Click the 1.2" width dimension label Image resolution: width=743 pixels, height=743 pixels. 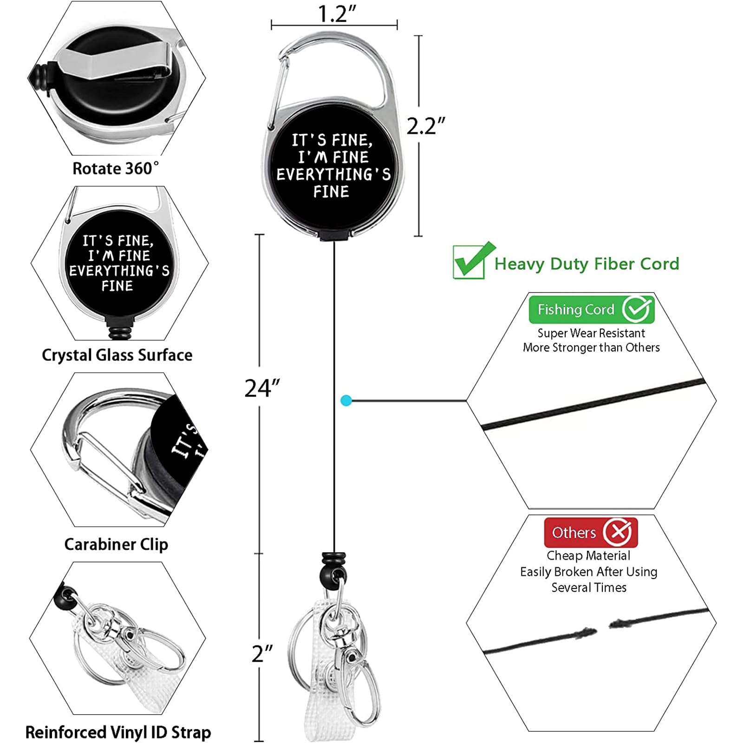point(337,13)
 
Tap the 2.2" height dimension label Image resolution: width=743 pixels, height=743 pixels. point(425,126)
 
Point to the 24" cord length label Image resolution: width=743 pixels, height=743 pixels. point(262,388)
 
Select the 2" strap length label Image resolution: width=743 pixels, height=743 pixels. point(262,654)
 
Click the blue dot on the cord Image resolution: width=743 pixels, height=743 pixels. point(346,400)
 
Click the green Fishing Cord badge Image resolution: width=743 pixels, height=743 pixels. point(591,309)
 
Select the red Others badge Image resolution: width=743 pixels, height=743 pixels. point(591,532)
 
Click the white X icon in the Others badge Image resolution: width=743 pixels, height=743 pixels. point(617,532)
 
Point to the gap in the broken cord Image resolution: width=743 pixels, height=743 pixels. point(603,628)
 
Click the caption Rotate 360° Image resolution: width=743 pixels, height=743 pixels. point(116,169)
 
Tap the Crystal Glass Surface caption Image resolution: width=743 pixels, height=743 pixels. point(117,355)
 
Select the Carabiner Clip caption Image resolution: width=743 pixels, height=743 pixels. point(116,544)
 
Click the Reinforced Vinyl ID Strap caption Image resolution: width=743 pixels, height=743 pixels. point(118,732)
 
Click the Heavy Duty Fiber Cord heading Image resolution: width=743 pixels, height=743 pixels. point(587,264)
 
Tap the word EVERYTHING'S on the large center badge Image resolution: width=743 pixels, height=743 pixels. point(333,175)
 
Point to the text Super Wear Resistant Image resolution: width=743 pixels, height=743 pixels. point(591,333)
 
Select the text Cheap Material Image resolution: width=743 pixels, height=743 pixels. point(588,555)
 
